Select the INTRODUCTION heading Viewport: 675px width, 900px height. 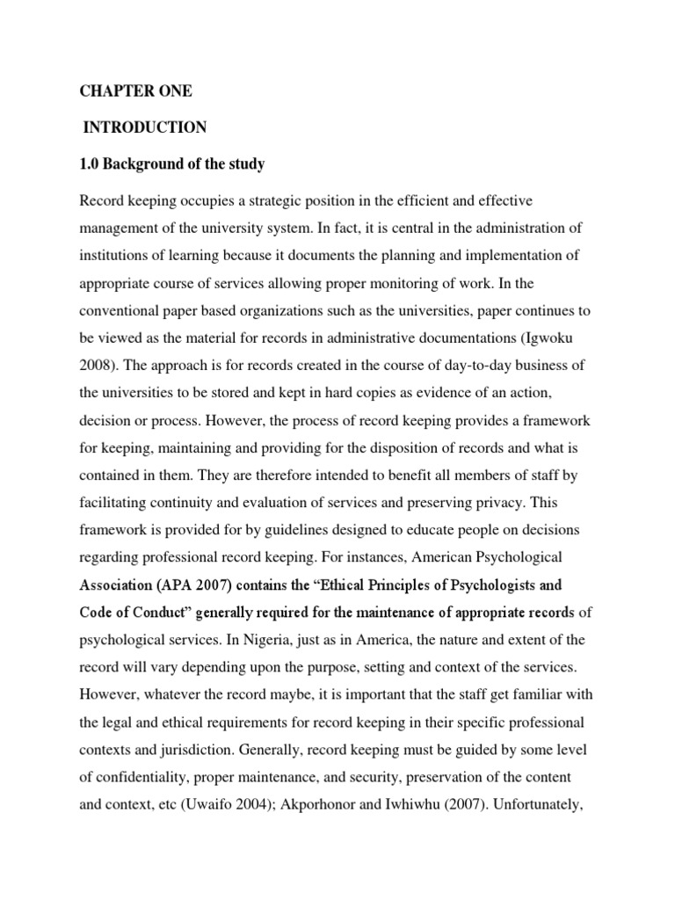point(145,127)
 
